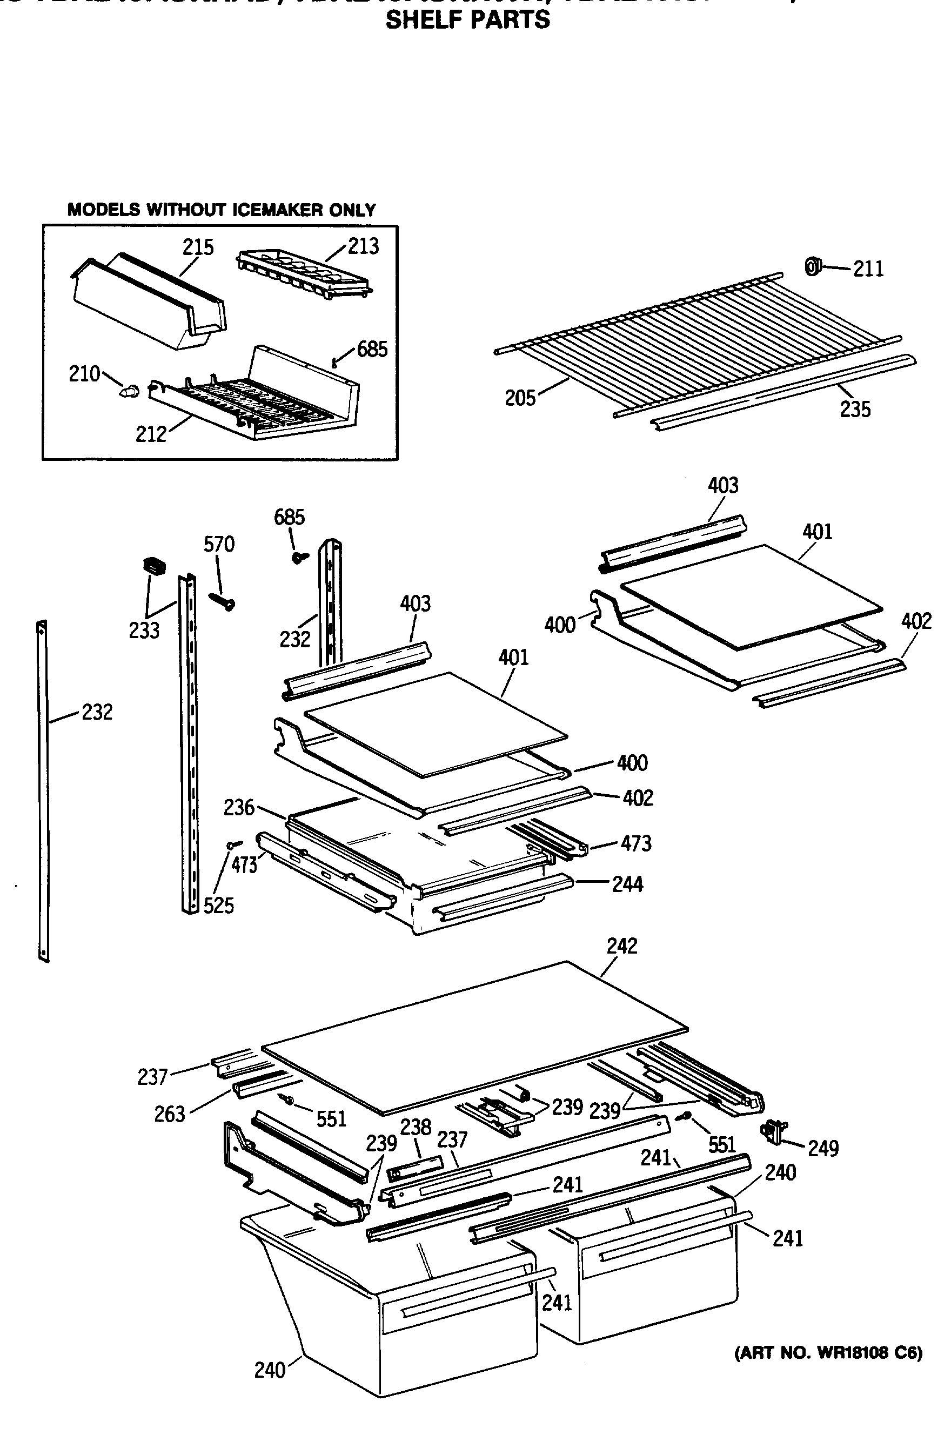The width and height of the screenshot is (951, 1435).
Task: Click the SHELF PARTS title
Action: (x=467, y=20)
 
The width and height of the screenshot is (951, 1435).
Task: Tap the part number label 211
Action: (x=868, y=269)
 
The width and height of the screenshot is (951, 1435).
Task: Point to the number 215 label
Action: (x=198, y=247)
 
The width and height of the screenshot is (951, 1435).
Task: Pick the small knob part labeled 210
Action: (x=129, y=391)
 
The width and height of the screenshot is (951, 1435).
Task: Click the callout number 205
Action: (x=520, y=398)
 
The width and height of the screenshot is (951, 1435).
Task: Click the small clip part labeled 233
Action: (x=154, y=566)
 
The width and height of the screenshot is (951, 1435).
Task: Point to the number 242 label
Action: (x=622, y=946)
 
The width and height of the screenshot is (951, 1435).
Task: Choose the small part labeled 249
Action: (x=773, y=1131)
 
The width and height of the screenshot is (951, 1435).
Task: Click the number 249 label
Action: (x=823, y=1148)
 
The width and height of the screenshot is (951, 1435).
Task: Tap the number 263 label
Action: (x=169, y=1114)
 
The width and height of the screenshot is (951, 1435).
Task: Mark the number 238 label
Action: (x=416, y=1126)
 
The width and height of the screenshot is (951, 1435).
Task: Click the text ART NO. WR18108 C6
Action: (x=828, y=1352)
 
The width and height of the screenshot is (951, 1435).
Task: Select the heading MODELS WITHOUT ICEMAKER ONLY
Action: (x=222, y=210)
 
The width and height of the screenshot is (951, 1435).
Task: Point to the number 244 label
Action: (x=627, y=884)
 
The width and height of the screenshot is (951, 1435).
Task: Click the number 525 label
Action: (x=218, y=905)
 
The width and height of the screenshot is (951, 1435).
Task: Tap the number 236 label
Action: (x=238, y=807)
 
